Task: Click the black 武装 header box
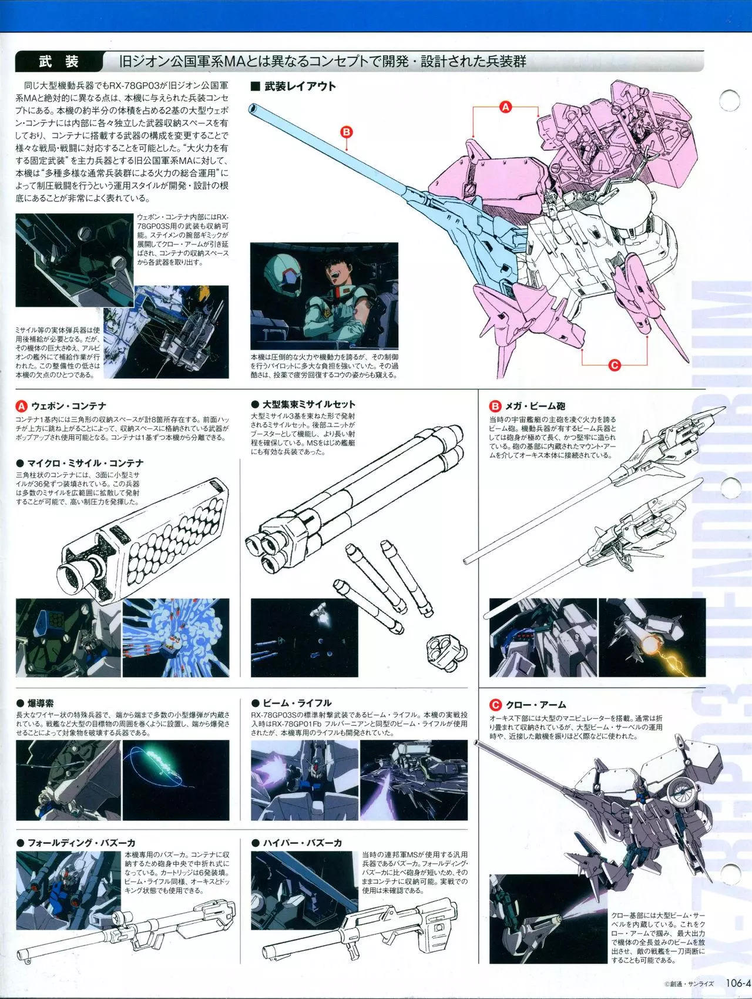click(58, 62)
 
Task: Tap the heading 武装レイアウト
click(293, 86)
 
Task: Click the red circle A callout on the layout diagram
click(505, 106)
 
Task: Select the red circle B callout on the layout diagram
click(347, 132)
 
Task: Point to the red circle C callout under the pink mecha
click(615, 365)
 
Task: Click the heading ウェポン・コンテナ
click(61, 405)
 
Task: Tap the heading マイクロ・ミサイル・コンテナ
click(80, 464)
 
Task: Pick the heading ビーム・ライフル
click(291, 703)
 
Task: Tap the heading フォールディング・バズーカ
click(76, 843)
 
